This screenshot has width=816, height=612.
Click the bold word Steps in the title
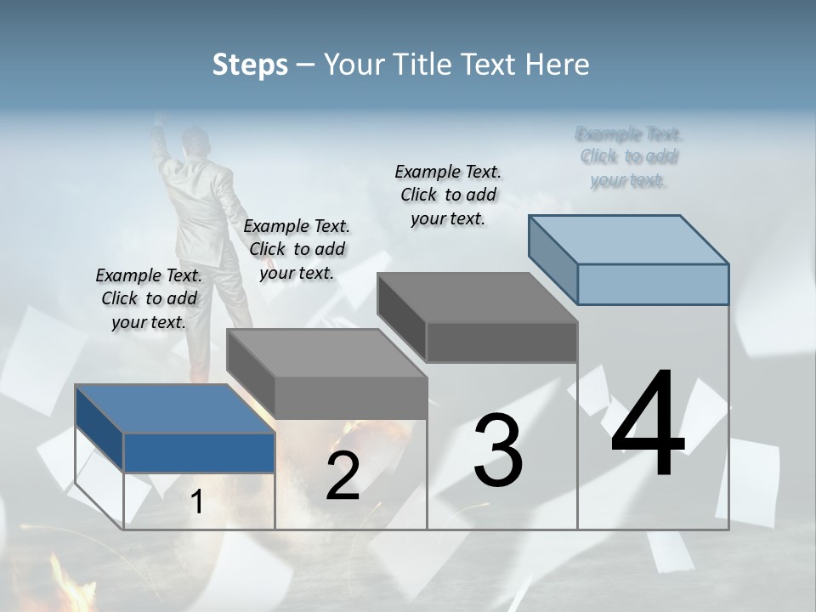[250, 65]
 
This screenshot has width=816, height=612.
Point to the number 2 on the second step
[343, 476]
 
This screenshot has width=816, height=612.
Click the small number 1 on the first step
[197, 501]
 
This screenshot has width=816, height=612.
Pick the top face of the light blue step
[629, 239]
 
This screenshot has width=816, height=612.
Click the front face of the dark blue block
[199, 452]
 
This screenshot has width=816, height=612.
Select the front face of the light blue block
[653, 284]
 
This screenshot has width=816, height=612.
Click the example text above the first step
[149, 298]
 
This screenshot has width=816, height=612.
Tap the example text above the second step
[297, 249]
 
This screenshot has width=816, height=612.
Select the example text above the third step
[448, 195]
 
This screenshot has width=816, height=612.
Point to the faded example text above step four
[629, 156]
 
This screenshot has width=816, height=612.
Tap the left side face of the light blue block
[552, 259]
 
